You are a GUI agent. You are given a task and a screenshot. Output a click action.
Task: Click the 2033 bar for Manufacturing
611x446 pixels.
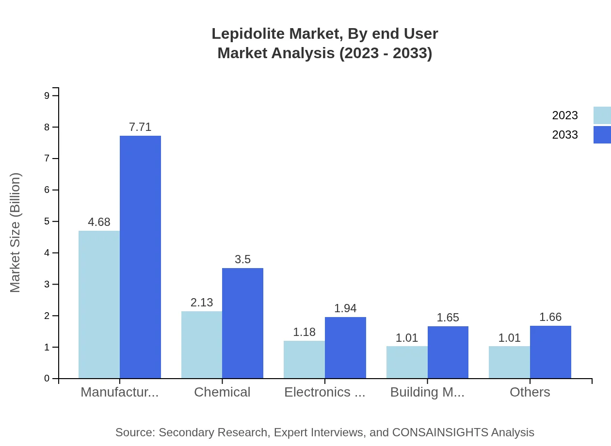click(140, 257)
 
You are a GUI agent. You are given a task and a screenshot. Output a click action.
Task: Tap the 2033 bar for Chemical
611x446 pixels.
click(242, 323)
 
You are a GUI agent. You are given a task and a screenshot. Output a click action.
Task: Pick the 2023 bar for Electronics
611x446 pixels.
click(304, 359)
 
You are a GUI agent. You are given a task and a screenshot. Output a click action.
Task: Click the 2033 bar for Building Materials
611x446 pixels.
click(448, 352)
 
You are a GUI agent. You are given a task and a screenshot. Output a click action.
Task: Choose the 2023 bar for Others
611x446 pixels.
click(509, 362)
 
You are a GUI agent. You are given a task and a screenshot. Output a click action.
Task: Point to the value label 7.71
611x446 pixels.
click(140, 127)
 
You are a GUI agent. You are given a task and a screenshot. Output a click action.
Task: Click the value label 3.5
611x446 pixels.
click(242, 259)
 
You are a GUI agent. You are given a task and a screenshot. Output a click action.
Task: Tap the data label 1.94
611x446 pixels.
click(345, 308)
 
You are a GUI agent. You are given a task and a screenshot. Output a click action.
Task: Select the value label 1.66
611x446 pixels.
click(550, 317)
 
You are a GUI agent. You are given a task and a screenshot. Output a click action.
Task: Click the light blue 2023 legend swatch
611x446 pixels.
click(602, 115)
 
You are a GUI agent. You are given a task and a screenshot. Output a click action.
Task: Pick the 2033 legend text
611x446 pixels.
click(565, 135)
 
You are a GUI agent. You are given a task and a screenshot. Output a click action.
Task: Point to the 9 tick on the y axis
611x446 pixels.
click(47, 96)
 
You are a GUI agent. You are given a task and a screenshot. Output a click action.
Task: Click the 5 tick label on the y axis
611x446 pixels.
click(47, 222)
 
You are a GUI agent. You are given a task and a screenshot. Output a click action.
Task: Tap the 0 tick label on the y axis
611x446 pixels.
click(47, 379)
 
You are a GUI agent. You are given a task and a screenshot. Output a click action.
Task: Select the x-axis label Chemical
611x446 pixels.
click(222, 392)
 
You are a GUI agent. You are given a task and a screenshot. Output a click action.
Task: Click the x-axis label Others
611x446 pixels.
click(530, 392)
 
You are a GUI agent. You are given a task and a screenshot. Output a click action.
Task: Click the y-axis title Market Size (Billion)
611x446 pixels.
click(16, 233)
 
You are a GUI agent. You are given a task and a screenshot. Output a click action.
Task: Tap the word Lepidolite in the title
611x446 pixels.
click(248, 34)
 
